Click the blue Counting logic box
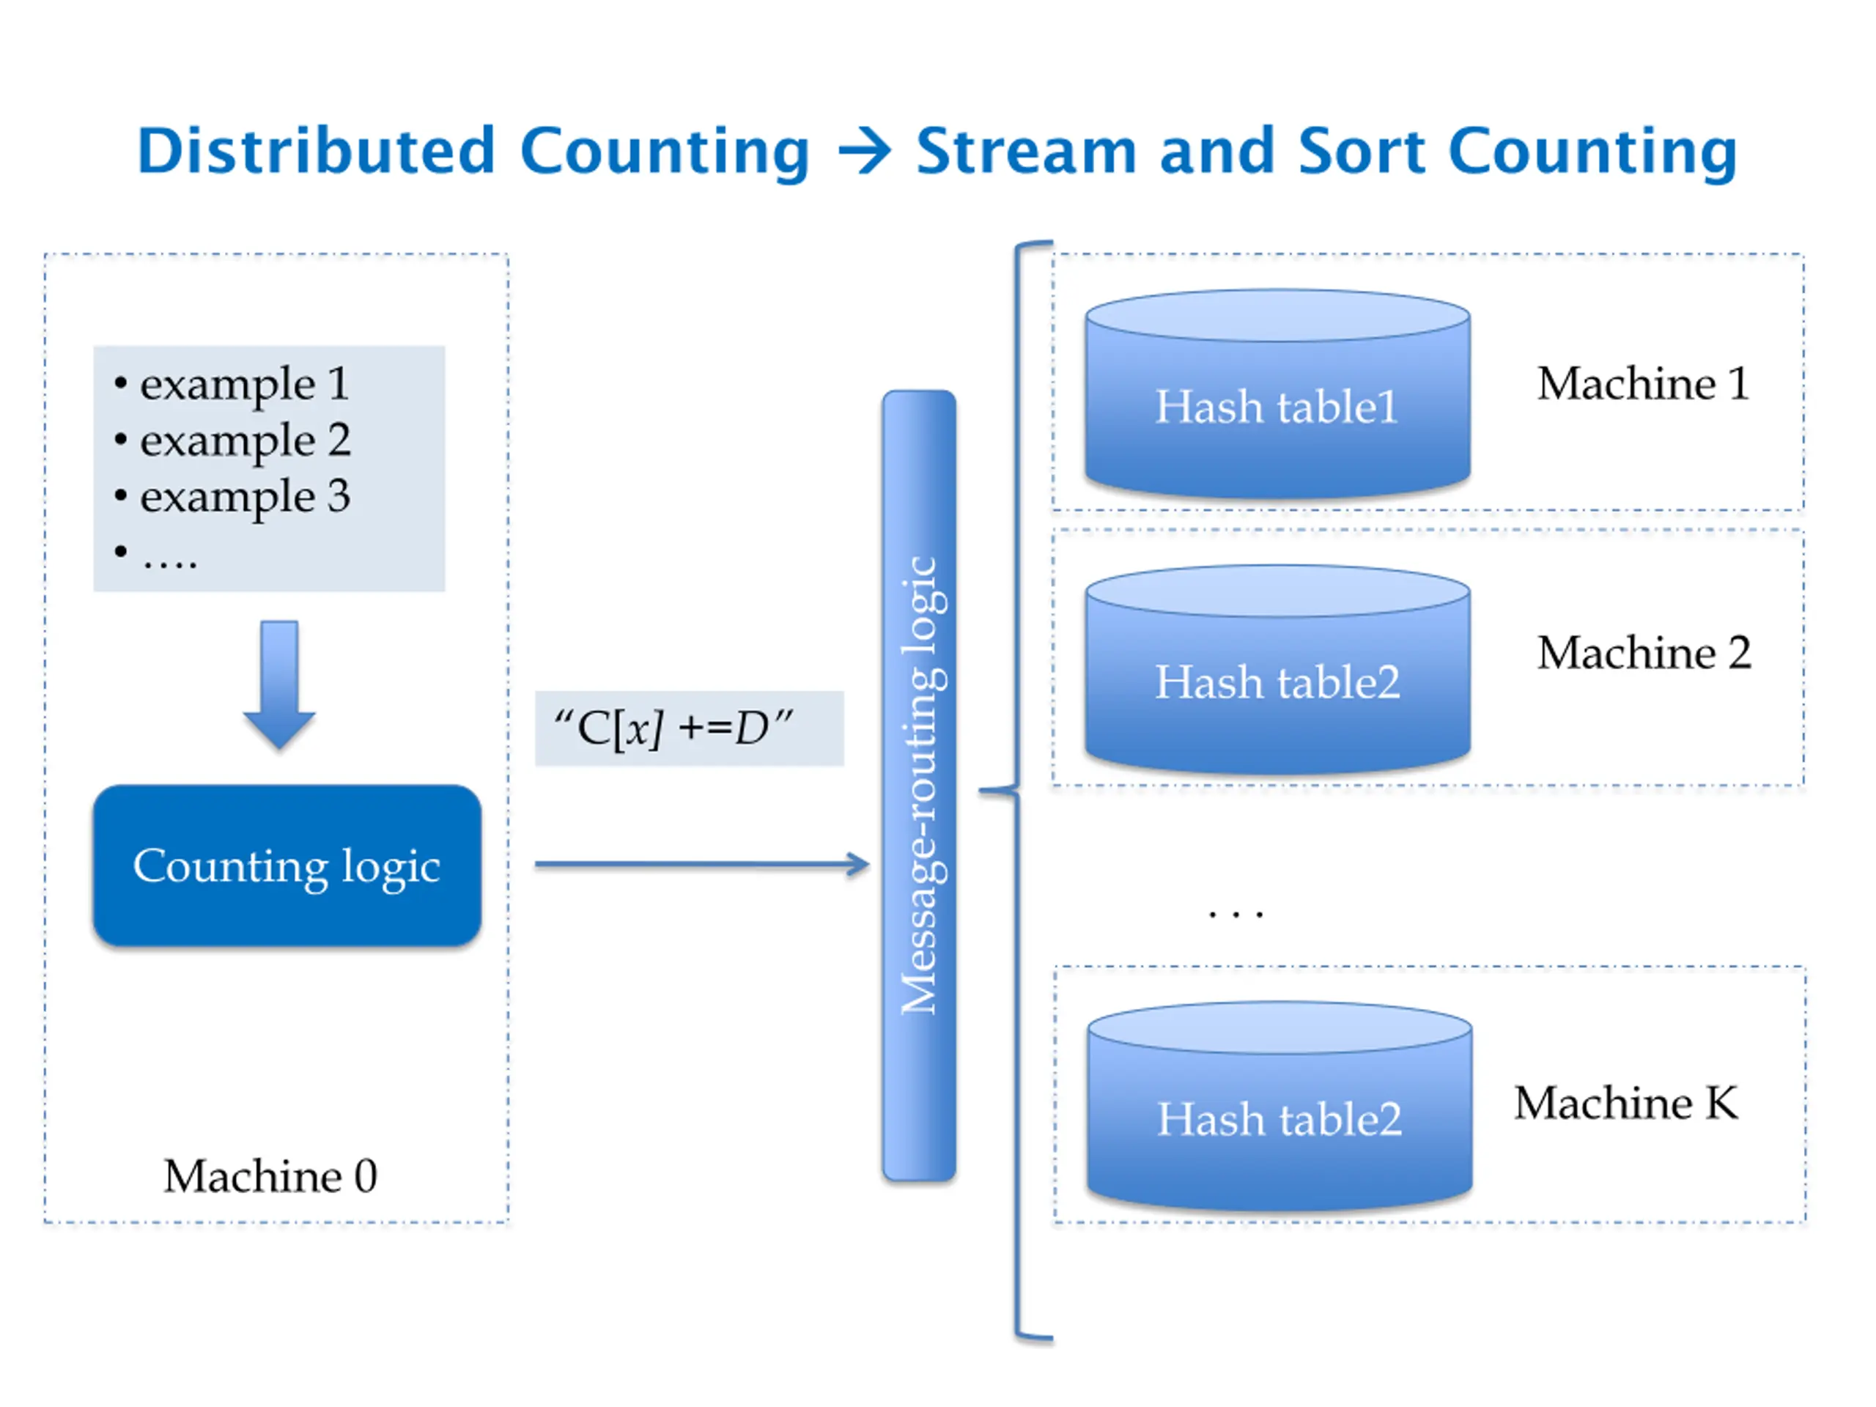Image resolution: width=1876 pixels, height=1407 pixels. [287, 865]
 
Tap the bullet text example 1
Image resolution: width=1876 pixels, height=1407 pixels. [243, 384]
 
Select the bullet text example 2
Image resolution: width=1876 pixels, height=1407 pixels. [244, 440]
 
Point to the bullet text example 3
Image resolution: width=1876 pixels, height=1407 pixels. [244, 496]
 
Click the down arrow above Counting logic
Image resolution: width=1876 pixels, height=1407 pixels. [279, 684]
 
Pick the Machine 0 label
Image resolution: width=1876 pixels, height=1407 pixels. [270, 1176]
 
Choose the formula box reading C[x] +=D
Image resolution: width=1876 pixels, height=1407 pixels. [689, 728]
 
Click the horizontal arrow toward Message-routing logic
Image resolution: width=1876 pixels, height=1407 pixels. [701, 864]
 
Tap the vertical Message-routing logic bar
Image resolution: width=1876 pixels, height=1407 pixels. [920, 786]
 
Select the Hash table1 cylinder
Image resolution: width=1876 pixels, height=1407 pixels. [1277, 394]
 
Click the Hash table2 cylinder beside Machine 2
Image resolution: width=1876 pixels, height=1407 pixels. [1277, 670]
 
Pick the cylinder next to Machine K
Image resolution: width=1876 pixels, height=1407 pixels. [1279, 1107]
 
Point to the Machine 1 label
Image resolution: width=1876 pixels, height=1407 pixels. [1643, 383]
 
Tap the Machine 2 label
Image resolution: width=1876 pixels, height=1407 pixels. [1644, 653]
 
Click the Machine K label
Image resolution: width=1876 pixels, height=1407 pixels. [1626, 1103]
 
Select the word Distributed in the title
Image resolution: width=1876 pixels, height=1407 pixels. [317, 151]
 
